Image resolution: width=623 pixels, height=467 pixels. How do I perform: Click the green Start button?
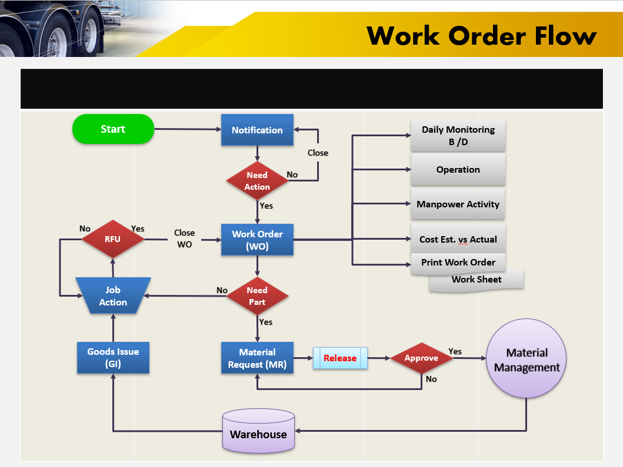tap(113, 129)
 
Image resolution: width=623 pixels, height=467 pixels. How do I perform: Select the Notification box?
tap(257, 130)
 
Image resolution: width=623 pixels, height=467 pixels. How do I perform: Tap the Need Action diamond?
tap(258, 181)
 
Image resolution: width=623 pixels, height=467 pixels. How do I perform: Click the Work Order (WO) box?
tap(257, 240)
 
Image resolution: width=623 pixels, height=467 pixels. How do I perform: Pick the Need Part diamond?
tap(258, 296)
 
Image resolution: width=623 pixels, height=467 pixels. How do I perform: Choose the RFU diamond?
tap(112, 239)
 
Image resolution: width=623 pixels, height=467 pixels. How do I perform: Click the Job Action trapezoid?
tap(113, 295)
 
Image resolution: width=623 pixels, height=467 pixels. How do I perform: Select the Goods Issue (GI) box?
tap(113, 358)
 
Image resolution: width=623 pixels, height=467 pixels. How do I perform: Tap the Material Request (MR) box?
tap(257, 358)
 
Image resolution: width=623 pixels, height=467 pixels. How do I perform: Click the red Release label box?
tap(340, 358)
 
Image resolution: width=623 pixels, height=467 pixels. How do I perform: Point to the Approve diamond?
tap(421, 358)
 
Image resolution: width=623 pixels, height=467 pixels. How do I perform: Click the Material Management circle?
tap(527, 359)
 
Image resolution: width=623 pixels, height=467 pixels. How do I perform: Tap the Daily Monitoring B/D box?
tap(458, 136)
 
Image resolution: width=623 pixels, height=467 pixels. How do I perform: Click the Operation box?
tap(458, 170)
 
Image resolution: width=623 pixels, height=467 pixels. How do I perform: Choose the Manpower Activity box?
tap(458, 204)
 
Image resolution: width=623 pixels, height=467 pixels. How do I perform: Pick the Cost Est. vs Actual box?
tap(458, 239)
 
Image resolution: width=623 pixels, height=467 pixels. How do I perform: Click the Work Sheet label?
tap(477, 280)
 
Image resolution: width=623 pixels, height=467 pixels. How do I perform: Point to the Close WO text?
tap(184, 238)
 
